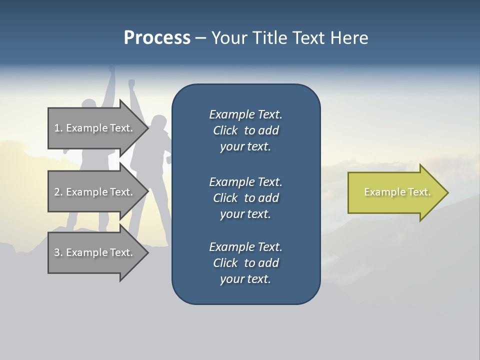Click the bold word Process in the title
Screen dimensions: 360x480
point(157,38)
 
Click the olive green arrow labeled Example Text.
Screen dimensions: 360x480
point(395,192)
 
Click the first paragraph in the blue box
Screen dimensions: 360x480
point(245,130)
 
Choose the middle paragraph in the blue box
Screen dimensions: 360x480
point(245,197)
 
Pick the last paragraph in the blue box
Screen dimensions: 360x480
point(245,263)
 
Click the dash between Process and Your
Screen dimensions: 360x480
point(200,38)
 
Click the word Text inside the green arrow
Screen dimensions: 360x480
point(419,192)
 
